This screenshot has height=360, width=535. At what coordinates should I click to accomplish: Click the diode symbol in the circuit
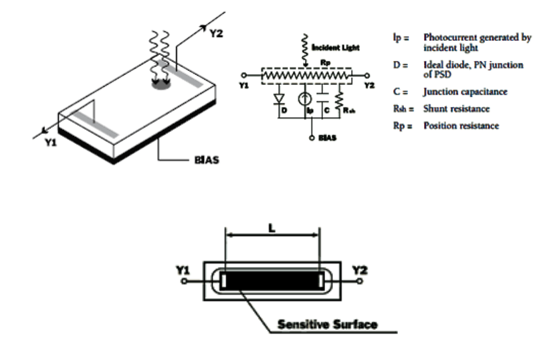(x=278, y=101)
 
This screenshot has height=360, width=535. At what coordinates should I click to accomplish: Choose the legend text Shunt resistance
(x=456, y=108)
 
